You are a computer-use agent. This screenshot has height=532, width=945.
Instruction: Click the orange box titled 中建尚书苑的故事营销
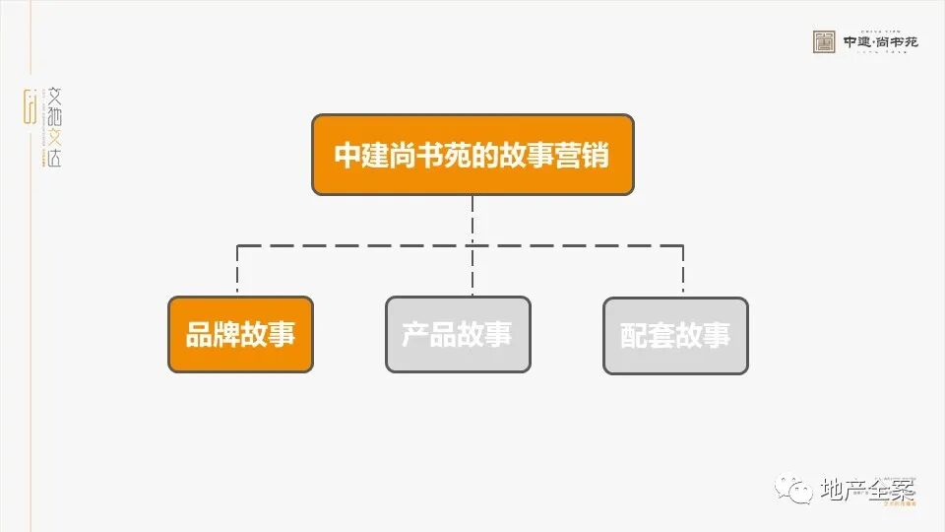(472, 155)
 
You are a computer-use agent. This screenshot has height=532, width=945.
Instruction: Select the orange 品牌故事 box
(240, 335)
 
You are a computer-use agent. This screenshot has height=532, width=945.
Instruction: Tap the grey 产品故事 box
(458, 335)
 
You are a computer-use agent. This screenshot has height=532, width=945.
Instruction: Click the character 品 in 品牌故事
(199, 335)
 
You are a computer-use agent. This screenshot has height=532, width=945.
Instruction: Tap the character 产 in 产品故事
(415, 335)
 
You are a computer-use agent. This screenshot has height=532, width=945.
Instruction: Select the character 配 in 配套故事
(634, 336)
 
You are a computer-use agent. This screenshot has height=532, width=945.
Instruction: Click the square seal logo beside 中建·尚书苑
(824, 41)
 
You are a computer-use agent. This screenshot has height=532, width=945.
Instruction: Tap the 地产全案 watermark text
(866, 490)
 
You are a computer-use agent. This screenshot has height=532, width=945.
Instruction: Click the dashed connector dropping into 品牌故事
(238, 271)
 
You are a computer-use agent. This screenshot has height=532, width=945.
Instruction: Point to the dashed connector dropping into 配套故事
(682, 271)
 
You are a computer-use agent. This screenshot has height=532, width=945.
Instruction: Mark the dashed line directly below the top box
(472, 219)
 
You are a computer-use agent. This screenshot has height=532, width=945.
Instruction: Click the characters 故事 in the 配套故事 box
(703, 336)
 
